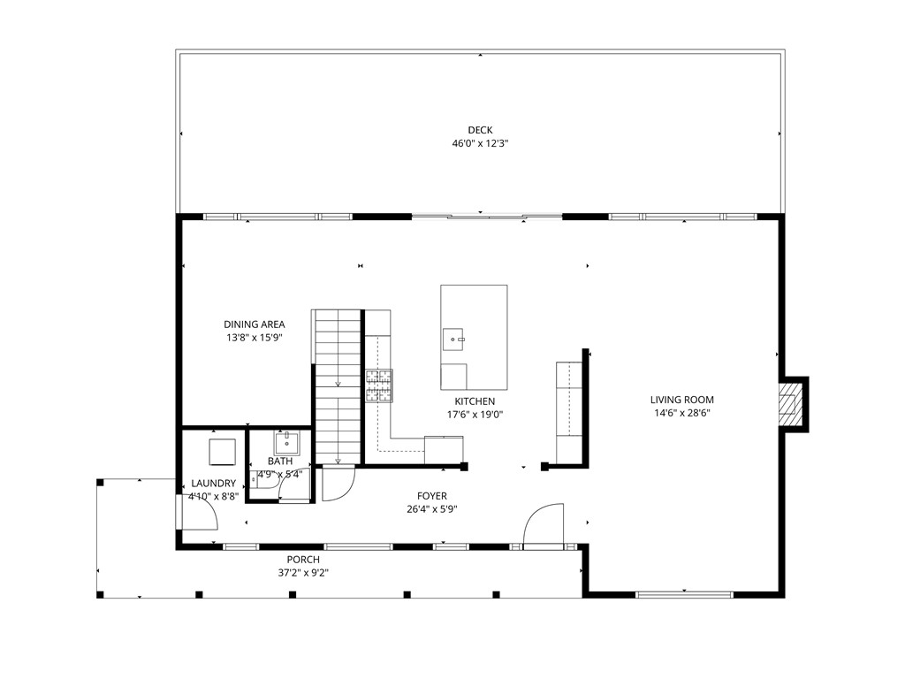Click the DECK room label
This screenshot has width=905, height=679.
click(480, 130)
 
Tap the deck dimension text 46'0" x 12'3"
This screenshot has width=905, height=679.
click(480, 143)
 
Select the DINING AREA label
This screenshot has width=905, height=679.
click(254, 324)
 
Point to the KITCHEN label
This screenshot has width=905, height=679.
click(475, 401)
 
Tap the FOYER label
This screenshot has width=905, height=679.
click(432, 496)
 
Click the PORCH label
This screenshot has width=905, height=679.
click(303, 560)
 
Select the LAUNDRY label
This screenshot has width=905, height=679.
click(214, 484)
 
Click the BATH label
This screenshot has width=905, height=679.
click(280, 462)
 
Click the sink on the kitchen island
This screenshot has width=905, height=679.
click(453, 337)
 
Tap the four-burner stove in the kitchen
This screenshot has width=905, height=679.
click(380, 385)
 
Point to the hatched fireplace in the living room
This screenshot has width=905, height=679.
click(789, 404)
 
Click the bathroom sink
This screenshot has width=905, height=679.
click(287, 442)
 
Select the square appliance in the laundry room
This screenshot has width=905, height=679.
click(221, 452)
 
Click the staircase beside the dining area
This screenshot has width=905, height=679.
click(337, 385)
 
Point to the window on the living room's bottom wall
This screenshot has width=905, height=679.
click(685, 594)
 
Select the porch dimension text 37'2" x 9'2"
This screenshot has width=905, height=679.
click(303, 573)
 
